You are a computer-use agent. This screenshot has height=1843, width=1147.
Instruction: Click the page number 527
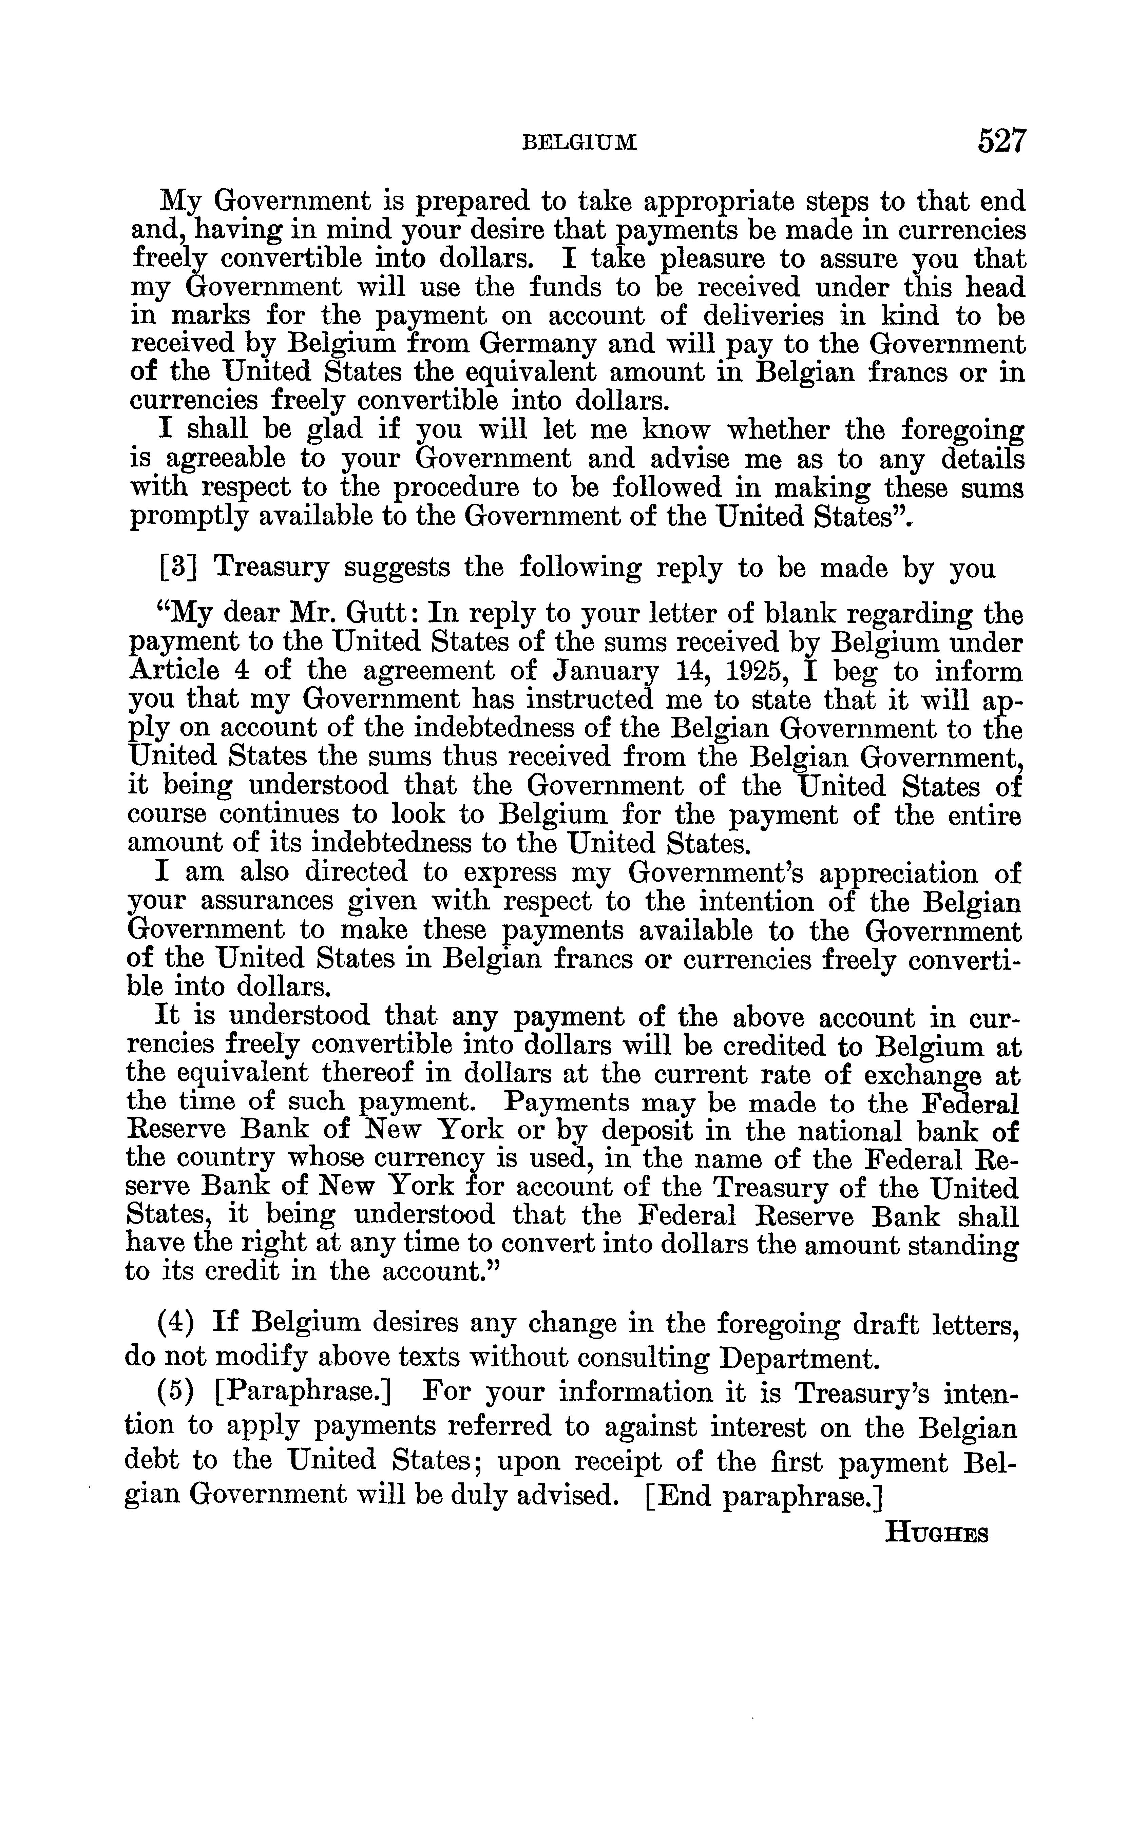point(1001,142)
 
